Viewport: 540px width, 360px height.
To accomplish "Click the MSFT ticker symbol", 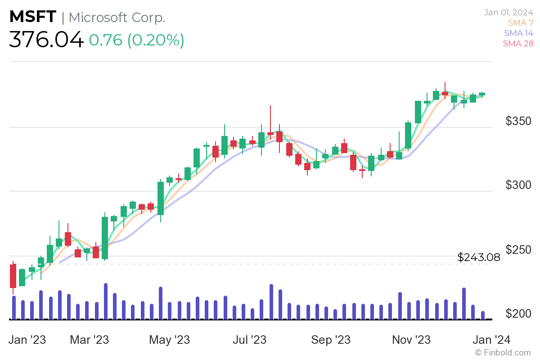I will point(33,17).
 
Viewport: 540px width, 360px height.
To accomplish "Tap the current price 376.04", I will point(46,40).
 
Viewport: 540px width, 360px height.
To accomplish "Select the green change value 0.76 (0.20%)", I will point(136,40).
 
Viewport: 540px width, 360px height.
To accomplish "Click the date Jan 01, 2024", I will point(508,12).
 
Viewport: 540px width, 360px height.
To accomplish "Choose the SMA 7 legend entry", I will point(520,22).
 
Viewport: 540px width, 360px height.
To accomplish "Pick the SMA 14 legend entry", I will point(518,33).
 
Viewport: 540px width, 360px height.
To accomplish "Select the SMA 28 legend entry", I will point(518,43).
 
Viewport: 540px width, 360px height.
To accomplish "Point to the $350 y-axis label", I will point(518,121).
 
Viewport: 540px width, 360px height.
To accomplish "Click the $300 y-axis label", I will point(518,185).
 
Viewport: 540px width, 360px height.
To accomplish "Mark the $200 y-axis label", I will point(518,313).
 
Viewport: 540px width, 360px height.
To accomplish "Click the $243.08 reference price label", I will point(479,257).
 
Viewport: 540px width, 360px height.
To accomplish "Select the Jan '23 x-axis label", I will point(27,340).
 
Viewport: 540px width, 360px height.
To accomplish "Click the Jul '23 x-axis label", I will point(249,340).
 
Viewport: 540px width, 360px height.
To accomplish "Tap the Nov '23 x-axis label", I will point(411,340).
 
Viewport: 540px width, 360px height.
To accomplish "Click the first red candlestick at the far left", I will point(13,275).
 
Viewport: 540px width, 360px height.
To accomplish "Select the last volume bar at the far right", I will point(483,315).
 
